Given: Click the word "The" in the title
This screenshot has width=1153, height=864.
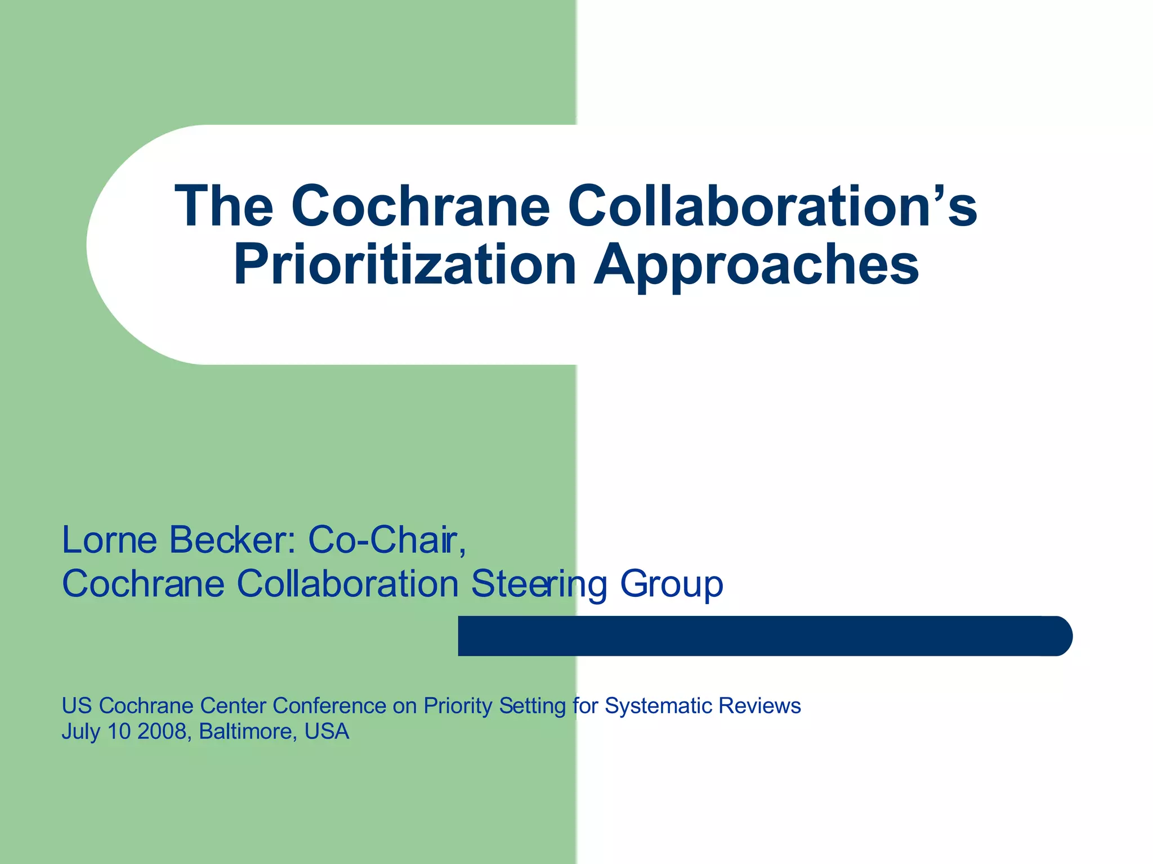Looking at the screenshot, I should (224, 206).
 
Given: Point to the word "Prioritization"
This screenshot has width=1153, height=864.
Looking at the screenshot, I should (405, 264).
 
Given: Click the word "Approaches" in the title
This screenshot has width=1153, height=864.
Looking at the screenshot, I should (756, 264).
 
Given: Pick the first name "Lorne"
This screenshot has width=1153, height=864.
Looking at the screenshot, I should (109, 540).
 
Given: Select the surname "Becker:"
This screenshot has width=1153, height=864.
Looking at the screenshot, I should (233, 540).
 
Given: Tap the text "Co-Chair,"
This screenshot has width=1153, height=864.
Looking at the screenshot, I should (387, 540).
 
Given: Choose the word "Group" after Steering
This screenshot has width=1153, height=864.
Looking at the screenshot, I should (671, 584).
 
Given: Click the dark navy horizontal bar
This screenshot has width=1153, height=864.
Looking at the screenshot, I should (765, 636).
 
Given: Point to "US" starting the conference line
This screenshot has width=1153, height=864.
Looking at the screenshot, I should (77, 706).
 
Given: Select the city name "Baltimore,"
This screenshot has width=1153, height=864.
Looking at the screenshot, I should (248, 732).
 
